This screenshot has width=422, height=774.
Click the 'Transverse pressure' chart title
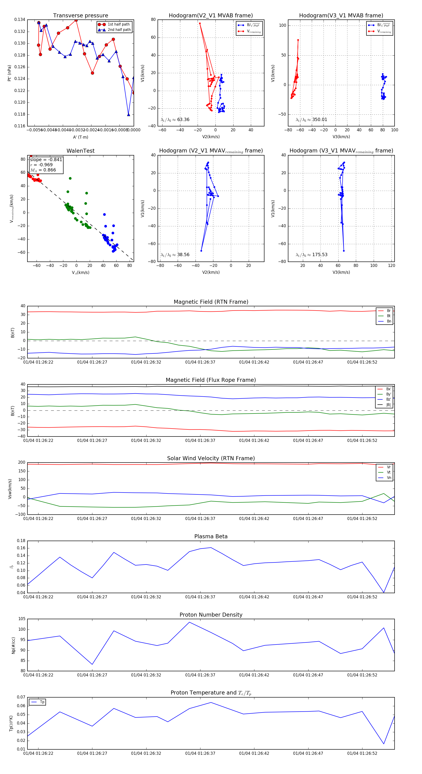(x=80, y=16)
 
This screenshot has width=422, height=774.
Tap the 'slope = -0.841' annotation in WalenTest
(x=46, y=159)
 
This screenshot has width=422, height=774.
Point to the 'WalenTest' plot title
(x=80, y=151)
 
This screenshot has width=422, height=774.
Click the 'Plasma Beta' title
(x=211, y=536)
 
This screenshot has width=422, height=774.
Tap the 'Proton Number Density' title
(x=211, y=615)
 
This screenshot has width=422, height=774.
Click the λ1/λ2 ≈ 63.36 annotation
(x=175, y=120)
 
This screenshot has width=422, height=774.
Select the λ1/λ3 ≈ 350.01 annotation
(x=312, y=120)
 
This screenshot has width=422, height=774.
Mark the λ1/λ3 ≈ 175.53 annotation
(x=312, y=255)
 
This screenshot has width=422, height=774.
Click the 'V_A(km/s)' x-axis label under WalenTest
(x=80, y=273)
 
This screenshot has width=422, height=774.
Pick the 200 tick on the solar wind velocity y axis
(x=22, y=463)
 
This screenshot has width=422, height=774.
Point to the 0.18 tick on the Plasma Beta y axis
(x=21, y=541)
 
